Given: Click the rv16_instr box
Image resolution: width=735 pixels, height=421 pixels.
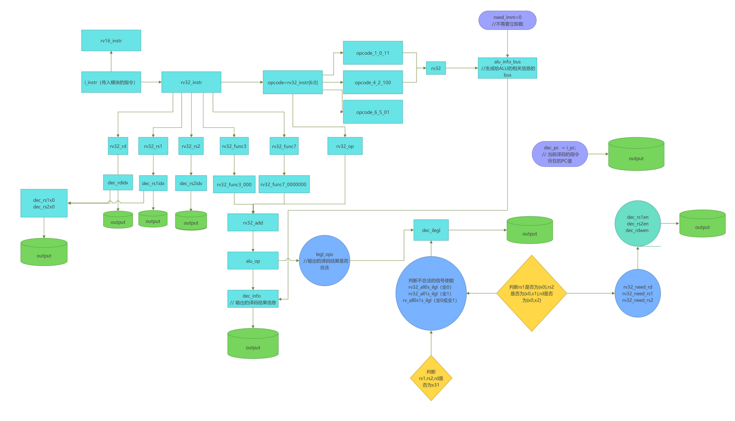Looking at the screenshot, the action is coord(111,40).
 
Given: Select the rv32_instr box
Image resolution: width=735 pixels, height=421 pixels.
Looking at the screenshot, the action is coord(191,82).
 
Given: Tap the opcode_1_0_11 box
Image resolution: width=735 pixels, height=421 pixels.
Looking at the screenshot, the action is coord(373,53).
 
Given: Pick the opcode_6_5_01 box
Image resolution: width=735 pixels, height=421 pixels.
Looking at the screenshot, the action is coord(373,112).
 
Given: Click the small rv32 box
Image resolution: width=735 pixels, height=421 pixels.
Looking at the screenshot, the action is coord(436,68).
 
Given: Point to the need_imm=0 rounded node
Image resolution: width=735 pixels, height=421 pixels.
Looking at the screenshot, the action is coord(507,20).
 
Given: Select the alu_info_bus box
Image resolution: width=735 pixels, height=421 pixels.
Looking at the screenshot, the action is coord(507,68).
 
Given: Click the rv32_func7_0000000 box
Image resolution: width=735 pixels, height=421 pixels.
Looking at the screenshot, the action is coord(284,184).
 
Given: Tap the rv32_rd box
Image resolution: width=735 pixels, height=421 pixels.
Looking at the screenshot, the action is coord(118,146).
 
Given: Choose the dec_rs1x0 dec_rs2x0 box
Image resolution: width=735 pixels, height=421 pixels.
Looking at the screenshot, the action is coord(44,203).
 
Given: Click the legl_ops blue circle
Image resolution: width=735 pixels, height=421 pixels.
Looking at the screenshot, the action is coord(325,261).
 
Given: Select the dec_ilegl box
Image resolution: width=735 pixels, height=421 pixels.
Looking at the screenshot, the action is coord(431,230).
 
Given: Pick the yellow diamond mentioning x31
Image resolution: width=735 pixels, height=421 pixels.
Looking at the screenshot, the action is coord(431,378).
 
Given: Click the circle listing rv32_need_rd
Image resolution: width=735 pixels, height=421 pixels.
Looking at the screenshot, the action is coord(638,294).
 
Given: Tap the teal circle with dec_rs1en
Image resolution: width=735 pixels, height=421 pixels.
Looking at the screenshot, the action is coord(638,224).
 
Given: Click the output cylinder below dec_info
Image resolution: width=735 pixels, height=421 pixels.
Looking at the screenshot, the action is coord(253,343).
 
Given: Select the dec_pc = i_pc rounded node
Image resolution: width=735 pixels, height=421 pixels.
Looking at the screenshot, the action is coord(560,154).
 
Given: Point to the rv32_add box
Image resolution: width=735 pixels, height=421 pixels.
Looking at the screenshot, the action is coord(253,223).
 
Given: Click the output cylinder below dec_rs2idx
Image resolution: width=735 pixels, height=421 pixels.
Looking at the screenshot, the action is coord(191,220).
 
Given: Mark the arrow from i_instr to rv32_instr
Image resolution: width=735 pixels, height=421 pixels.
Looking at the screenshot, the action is coord(151,82).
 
